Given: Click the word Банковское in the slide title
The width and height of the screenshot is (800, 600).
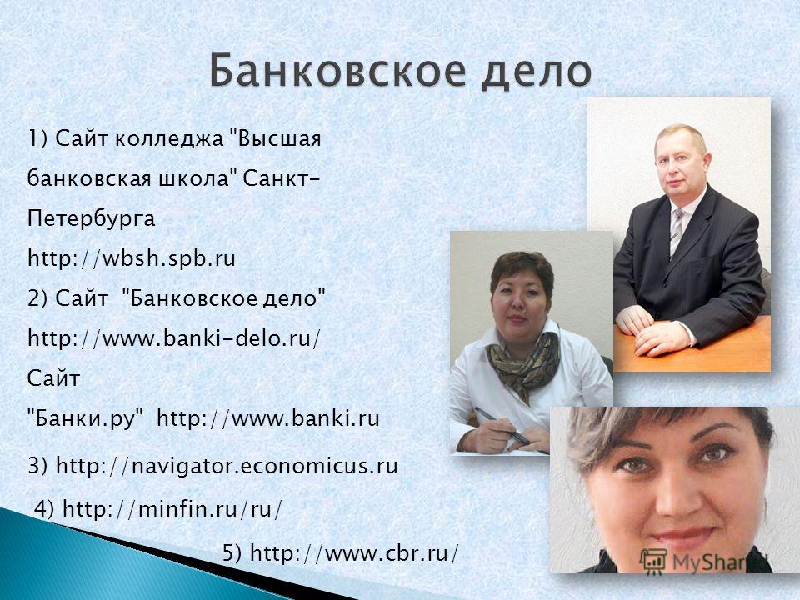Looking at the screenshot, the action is [337, 70].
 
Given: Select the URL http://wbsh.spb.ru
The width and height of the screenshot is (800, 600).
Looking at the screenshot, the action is [132, 258].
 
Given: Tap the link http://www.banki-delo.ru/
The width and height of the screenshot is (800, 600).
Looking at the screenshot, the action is [174, 337].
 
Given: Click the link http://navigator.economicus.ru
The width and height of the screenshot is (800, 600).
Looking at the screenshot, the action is [227, 465].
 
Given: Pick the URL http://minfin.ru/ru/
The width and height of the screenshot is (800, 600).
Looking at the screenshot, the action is [172, 508].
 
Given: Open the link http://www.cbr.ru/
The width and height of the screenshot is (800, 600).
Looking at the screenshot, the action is [355, 553].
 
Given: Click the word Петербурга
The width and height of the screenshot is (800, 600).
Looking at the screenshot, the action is [92, 219].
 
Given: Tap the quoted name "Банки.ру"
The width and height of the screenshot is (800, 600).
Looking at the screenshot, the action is [85, 419].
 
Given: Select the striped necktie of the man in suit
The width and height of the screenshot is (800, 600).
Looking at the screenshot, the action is [677, 232].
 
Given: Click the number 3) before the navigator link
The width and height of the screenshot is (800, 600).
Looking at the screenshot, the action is [38, 465].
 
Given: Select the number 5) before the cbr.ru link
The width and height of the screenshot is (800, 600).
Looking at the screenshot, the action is [232, 553].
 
